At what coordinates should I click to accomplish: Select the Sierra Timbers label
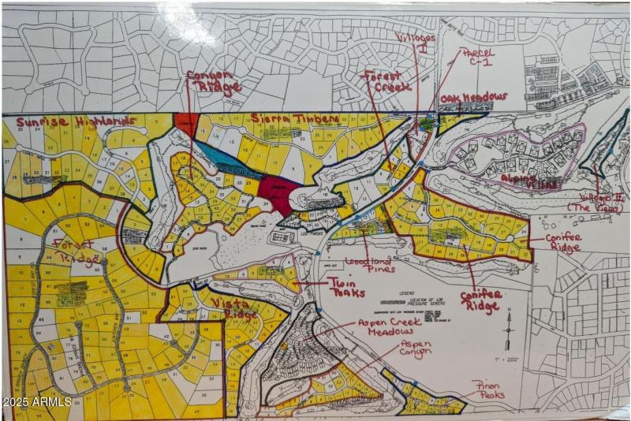[295, 119]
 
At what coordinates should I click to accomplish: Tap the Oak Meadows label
[473, 98]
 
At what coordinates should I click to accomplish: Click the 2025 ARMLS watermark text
[37, 402]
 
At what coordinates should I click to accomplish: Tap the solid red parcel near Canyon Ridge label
[187, 121]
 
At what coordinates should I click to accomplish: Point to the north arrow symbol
[510, 319]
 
